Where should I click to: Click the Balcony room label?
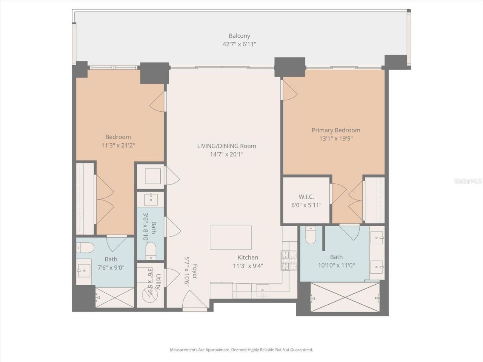click(239, 36)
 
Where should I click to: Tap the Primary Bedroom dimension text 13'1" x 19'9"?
click(336, 138)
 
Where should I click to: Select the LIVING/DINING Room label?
click(226, 146)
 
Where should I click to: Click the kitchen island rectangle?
click(231, 238)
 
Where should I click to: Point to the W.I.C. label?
click(306, 197)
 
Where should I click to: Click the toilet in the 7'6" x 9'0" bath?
click(85, 248)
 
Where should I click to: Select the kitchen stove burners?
click(289, 261)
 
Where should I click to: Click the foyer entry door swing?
click(191, 302)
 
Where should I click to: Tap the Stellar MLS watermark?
click(468, 181)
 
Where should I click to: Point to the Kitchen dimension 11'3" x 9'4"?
click(248, 265)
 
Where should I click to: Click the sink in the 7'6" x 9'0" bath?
click(84, 270)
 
